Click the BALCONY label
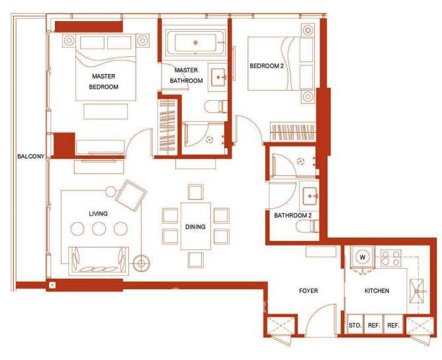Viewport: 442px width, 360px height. (x=30, y=156)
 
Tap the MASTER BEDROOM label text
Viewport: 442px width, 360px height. (x=103, y=81)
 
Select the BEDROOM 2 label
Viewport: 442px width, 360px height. (x=267, y=66)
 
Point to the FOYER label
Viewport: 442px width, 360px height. (x=308, y=291)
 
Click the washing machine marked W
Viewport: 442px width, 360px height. (x=363, y=257)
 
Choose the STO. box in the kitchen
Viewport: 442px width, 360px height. (x=355, y=325)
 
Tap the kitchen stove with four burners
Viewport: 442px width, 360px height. (x=390, y=258)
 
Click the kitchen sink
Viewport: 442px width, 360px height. (x=417, y=291)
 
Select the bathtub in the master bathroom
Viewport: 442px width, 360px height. (x=196, y=43)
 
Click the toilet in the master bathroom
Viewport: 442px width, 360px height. (x=215, y=107)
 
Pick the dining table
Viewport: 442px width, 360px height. (x=196, y=226)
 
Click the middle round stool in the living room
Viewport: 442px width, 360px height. (x=99, y=228)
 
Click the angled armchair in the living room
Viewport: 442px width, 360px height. (x=131, y=195)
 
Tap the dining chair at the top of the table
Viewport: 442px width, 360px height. (x=196, y=193)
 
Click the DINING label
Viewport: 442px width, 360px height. (x=195, y=227)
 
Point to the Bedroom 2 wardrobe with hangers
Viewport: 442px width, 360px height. (x=292, y=132)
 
